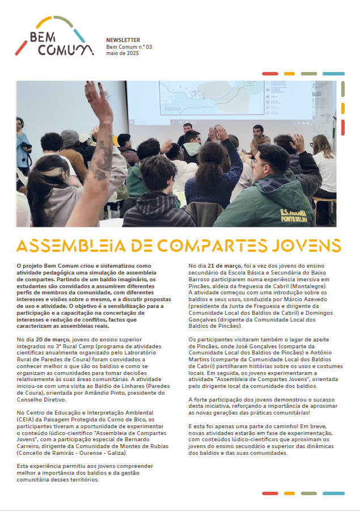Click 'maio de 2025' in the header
pos(122,53)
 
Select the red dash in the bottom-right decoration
pos(269,493)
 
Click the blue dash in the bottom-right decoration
pos(333,493)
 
